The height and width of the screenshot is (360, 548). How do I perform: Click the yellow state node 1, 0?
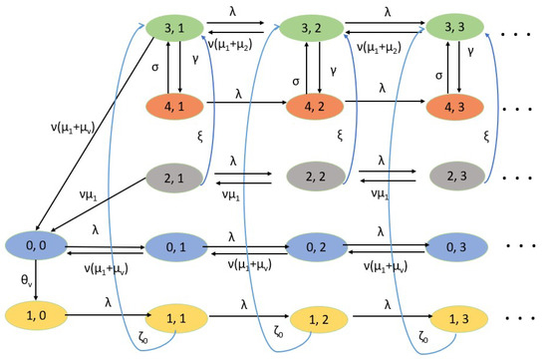[35, 316]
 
